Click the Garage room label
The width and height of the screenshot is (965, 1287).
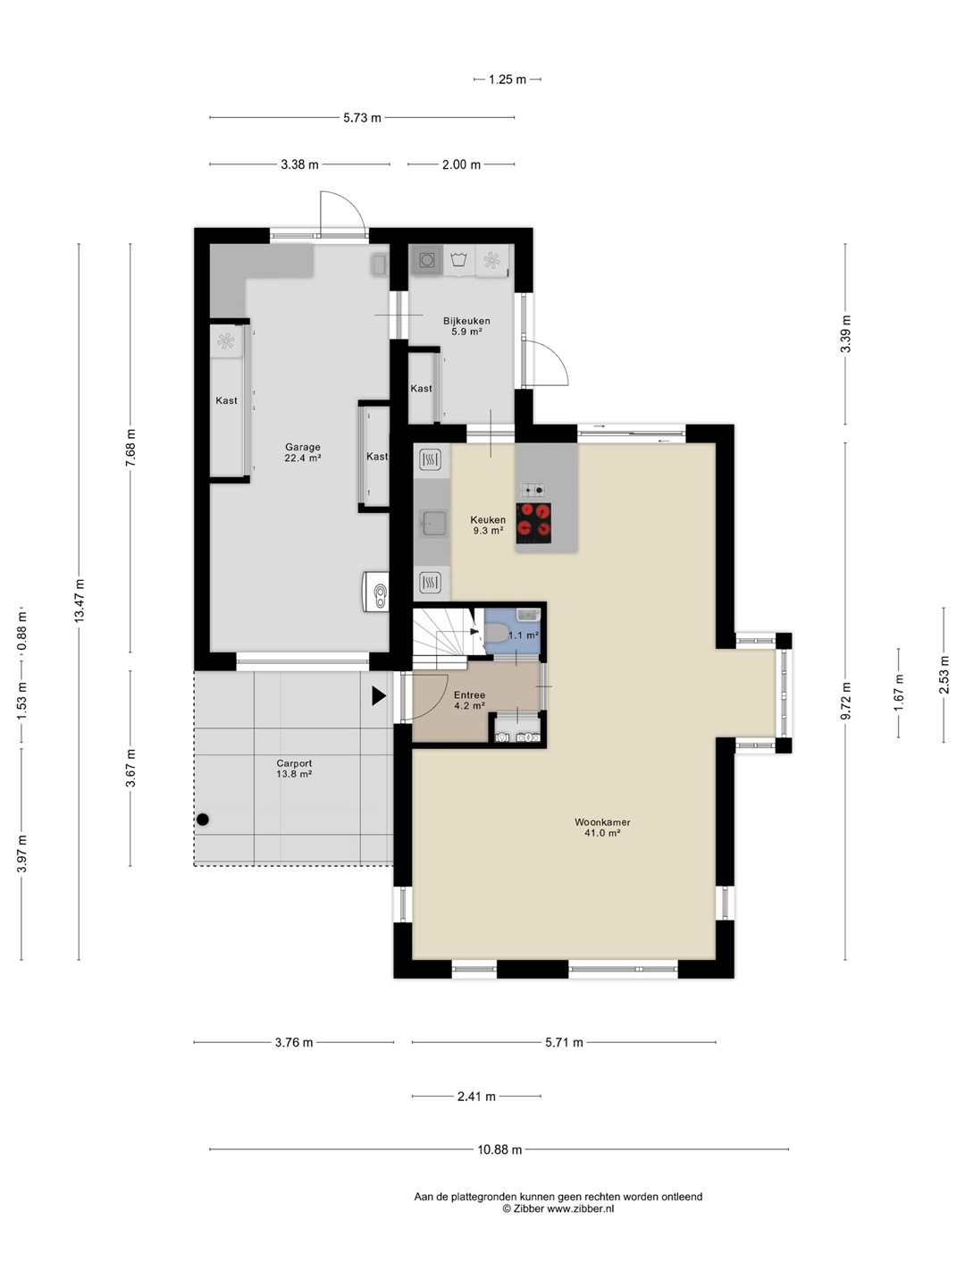click(302, 447)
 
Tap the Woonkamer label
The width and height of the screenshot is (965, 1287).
click(602, 822)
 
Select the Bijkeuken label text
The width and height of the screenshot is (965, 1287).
click(466, 321)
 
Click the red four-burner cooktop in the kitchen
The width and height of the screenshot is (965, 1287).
click(533, 520)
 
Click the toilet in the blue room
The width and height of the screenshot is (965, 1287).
click(496, 634)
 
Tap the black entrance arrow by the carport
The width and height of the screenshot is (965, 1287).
click(379, 696)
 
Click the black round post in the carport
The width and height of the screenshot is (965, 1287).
click(203, 820)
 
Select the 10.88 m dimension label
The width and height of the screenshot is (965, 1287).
click(499, 1149)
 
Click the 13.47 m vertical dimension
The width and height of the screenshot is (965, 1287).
click(80, 601)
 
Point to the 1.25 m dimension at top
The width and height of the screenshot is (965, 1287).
click(508, 80)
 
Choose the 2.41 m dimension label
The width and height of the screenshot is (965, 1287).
click(476, 1096)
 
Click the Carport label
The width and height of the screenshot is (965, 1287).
click(294, 763)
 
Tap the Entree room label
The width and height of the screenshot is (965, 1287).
click(469, 694)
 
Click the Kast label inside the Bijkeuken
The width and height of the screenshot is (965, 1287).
click(421, 388)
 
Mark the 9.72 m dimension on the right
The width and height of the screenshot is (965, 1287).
click(845, 702)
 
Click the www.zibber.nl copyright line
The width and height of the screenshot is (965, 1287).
click(558, 1208)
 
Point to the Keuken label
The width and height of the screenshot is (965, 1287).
click(488, 519)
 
